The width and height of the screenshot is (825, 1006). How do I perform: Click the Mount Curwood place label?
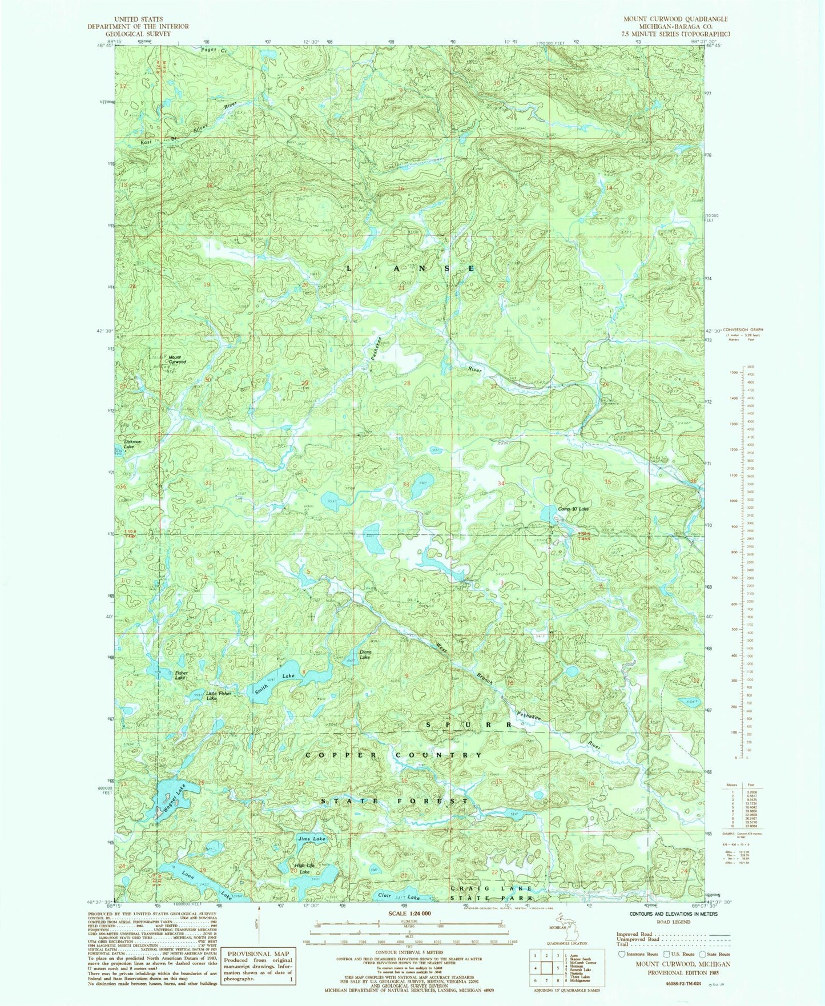177,360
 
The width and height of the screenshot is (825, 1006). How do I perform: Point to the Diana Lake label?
365,654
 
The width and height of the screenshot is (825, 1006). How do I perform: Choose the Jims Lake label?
312,839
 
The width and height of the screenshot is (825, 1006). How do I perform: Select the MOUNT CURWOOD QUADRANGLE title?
675,19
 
